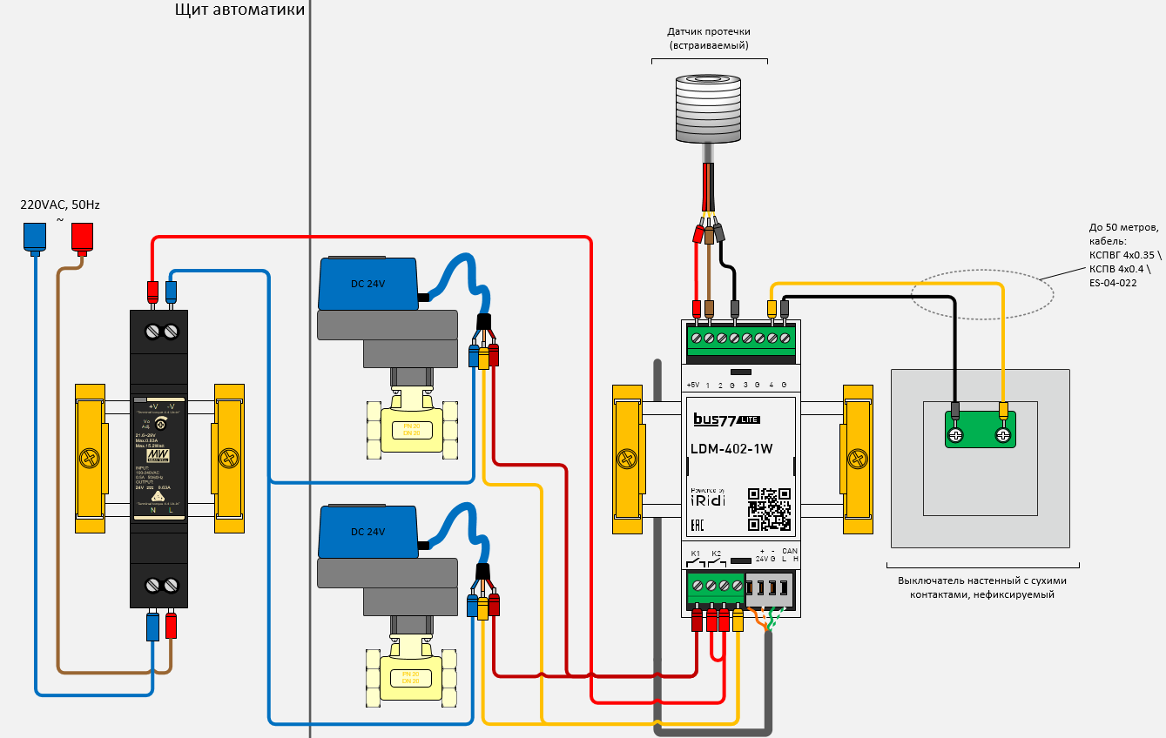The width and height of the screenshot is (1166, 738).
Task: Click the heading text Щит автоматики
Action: pos(239,10)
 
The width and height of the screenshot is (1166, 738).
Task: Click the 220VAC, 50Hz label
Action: pos(60,205)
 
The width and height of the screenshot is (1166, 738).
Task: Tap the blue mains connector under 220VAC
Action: pos(35,237)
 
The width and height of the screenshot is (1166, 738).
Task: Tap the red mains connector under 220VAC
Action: pos(82,237)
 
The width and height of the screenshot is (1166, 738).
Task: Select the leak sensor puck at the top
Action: pos(709,109)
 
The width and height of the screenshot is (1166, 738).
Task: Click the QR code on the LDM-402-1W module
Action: pos(769,509)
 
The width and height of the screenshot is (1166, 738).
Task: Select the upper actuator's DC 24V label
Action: pos(367,285)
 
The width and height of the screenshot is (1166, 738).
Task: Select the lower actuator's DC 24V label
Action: pos(367,532)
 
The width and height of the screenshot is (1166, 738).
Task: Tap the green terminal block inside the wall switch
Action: pos(980,430)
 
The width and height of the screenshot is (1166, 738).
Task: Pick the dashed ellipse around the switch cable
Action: pos(981,292)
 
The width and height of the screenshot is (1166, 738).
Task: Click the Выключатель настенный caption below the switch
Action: pos(981,587)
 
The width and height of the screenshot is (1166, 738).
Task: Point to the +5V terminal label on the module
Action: pos(692,385)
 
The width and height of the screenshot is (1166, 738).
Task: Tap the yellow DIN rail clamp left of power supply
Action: pos(90,458)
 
